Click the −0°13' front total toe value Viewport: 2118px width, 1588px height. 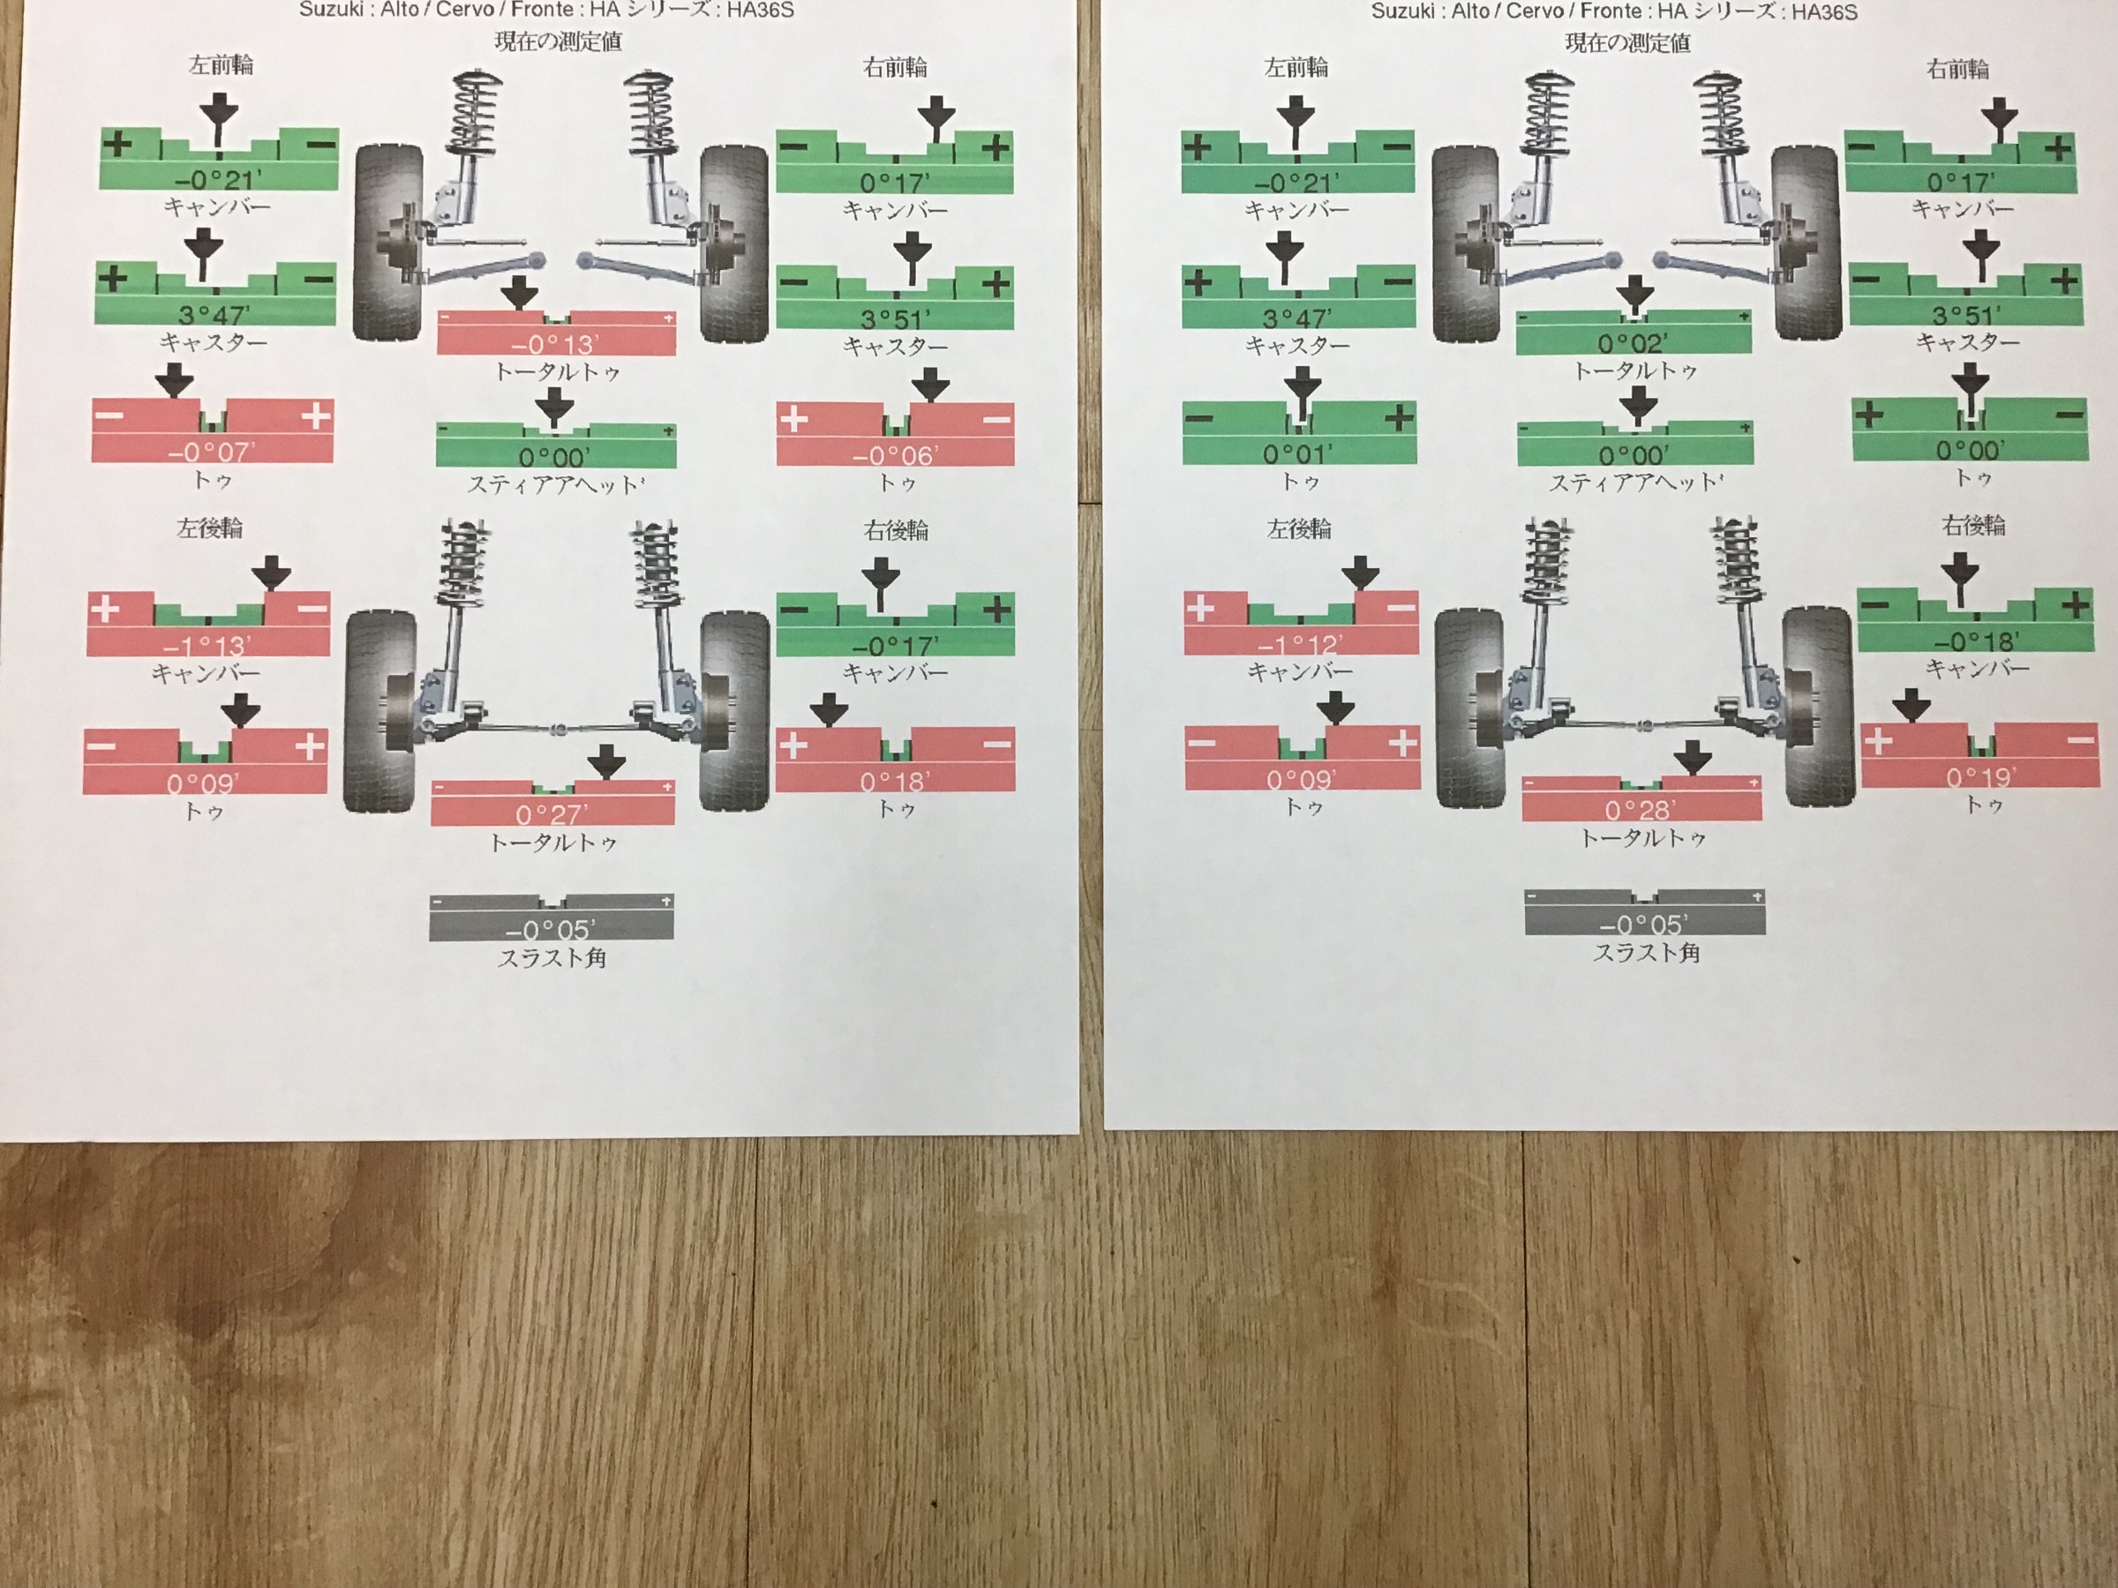555,345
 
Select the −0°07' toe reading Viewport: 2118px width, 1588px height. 212,451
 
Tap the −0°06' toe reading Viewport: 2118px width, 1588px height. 893,455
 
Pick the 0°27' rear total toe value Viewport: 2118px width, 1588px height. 552,813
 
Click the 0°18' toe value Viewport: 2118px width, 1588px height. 894,781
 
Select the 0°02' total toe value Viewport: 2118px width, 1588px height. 1633,341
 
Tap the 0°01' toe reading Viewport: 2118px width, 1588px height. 1297,453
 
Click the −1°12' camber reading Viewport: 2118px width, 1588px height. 1300,645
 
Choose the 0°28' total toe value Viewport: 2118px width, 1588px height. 1641,810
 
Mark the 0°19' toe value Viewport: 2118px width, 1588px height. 1980,776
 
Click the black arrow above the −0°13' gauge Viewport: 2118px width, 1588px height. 520,293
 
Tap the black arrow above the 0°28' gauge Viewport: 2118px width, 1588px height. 1693,758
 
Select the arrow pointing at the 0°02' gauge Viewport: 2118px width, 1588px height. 1634,294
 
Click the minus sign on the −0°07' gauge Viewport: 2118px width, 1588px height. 109,416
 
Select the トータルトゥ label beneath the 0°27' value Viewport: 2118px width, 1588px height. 552,843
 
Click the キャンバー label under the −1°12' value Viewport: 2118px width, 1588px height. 1299,672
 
